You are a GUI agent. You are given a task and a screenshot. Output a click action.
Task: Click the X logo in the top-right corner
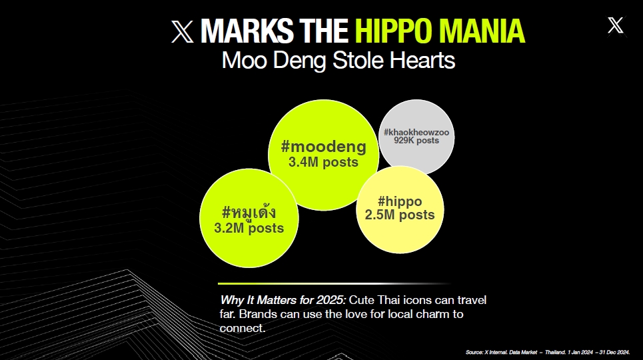(616, 25)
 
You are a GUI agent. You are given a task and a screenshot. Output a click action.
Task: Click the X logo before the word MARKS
(182, 31)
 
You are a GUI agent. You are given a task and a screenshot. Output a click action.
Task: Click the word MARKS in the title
(247, 31)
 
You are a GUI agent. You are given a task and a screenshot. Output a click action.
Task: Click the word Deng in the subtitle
(299, 61)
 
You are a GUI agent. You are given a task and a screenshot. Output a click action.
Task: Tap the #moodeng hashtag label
(324, 147)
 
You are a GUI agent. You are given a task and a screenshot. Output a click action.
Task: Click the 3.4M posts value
(324, 162)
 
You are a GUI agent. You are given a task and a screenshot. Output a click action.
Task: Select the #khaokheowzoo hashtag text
(416, 133)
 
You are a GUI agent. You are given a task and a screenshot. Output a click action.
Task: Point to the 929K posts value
(416, 141)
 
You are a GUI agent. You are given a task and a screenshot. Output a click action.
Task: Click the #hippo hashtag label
(400, 201)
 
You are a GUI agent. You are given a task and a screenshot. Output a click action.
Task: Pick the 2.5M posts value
(400, 215)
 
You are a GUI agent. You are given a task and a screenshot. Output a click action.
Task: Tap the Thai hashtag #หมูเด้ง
(249, 212)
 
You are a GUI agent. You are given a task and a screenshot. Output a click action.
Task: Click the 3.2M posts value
(249, 228)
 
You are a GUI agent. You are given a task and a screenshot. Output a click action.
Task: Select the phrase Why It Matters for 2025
(283, 300)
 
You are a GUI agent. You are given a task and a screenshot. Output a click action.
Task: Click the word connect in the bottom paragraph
(241, 329)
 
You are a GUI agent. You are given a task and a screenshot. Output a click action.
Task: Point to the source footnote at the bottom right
(548, 352)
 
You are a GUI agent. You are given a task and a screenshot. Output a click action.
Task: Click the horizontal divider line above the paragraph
(334, 283)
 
